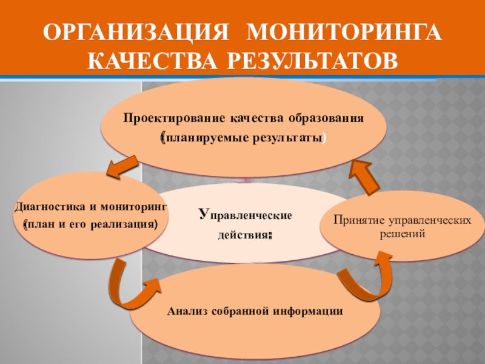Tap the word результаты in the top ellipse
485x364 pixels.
click(x=284, y=139)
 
